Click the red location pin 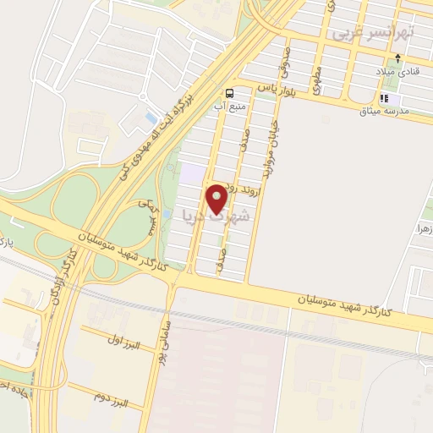click(x=216, y=199)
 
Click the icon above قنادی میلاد click(x=397, y=59)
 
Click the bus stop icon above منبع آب click(x=229, y=92)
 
